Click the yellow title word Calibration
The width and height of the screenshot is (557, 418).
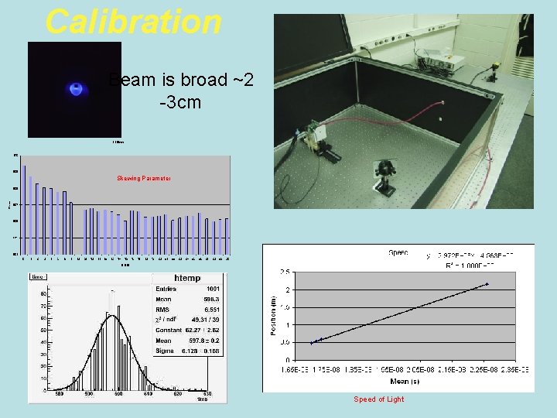tap(133, 21)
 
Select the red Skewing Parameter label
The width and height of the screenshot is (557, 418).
tap(144, 178)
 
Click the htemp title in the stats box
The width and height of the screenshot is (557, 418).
tap(186, 278)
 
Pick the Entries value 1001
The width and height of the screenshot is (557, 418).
tap(212, 289)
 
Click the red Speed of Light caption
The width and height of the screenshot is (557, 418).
tap(378, 399)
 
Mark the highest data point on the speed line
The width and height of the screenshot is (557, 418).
tap(487, 284)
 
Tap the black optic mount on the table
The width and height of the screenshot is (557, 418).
tap(384, 170)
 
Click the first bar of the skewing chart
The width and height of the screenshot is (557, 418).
tap(25, 209)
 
